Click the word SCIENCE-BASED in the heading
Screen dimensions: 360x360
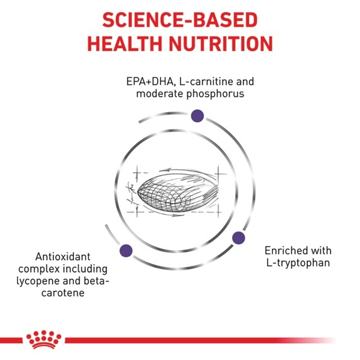pos(180,20)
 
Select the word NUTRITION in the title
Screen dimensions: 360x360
pos(221,44)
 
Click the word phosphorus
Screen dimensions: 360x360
pos(215,94)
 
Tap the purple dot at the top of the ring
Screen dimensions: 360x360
pos(197,116)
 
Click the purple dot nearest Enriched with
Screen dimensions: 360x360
pos(239,238)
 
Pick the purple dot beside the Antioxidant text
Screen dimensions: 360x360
pos(126,250)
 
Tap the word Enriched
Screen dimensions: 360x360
pos(283,250)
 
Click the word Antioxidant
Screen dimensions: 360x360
pos(62,257)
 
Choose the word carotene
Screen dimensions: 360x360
pos(62,293)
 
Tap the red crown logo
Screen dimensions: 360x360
pos(44,340)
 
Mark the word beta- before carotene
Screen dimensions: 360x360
pos(96,281)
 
